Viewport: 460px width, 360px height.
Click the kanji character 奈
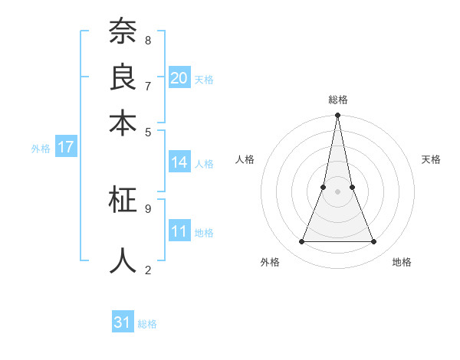click(x=123, y=32)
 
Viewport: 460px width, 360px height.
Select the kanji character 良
click(x=123, y=77)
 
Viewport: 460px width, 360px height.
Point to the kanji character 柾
click(x=123, y=200)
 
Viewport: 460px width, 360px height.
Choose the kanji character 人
click(x=123, y=260)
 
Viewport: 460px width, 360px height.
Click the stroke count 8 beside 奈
click(x=147, y=40)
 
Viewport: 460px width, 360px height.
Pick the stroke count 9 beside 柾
click(x=147, y=208)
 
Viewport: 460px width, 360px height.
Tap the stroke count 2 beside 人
click(x=147, y=269)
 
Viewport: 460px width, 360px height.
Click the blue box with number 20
click(x=179, y=77)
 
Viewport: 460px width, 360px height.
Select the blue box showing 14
click(x=179, y=162)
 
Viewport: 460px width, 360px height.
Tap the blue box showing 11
click(x=179, y=231)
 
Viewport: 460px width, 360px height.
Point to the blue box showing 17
click(x=65, y=147)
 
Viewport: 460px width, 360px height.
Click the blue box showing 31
click(x=123, y=322)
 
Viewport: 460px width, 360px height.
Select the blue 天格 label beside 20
click(x=204, y=79)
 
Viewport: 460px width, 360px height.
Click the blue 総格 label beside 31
click(x=147, y=324)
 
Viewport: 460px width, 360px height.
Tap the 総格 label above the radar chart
click(x=337, y=100)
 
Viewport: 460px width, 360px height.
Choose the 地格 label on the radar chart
click(x=402, y=262)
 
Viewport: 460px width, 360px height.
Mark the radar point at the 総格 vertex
click(x=337, y=116)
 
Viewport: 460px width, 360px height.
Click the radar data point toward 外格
click(x=301, y=242)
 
